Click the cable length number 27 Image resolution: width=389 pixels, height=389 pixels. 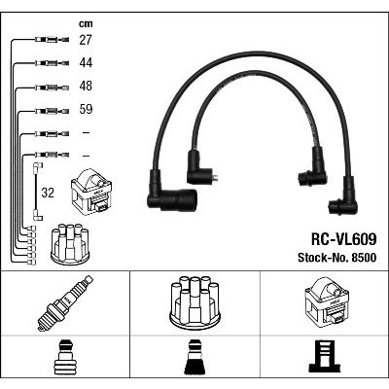tap(86, 40)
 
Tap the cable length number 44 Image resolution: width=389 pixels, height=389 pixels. tap(86, 62)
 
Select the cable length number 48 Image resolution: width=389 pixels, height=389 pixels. tap(86, 86)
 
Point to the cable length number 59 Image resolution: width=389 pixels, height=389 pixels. tap(86, 109)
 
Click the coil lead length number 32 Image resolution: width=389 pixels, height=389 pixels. tap(48, 193)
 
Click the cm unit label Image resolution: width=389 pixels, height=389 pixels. tap(86, 23)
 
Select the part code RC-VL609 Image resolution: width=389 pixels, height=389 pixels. tap(343, 239)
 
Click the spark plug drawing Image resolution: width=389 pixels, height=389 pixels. tap(65, 303)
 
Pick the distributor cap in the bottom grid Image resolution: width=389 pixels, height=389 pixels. tap(194, 301)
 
